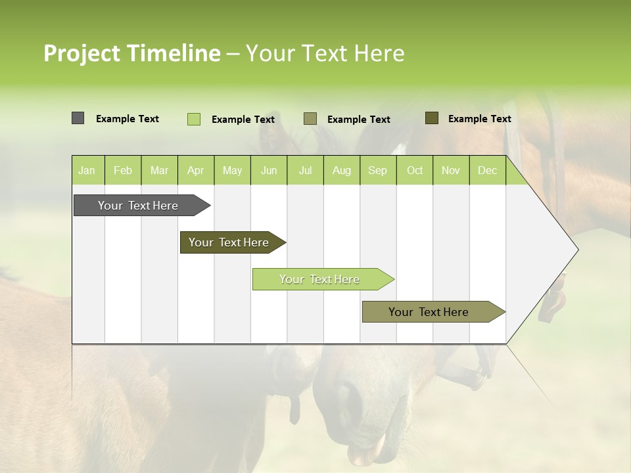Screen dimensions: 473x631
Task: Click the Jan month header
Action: [x=87, y=171]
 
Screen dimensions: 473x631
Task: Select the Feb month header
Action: [x=123, y=171]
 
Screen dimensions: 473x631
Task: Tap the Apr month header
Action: [x=195, y=171]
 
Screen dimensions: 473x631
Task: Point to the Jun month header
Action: [x=269, y=171]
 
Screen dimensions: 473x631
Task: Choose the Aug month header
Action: [x=341, y=171]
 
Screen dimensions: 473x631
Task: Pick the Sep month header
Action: [x=377, y=171]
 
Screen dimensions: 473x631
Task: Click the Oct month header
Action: [x=415, y=171]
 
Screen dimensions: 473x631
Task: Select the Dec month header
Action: [x=487, y=171]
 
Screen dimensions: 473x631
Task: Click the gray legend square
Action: [x=78, y=118]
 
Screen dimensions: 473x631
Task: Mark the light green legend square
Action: [x=193, y=119]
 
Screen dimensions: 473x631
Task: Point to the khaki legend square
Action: [x=310, y=119]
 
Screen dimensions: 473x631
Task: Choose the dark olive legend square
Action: [x=431, y=118]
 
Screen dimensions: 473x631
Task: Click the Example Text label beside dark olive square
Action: [x=479, y=119]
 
